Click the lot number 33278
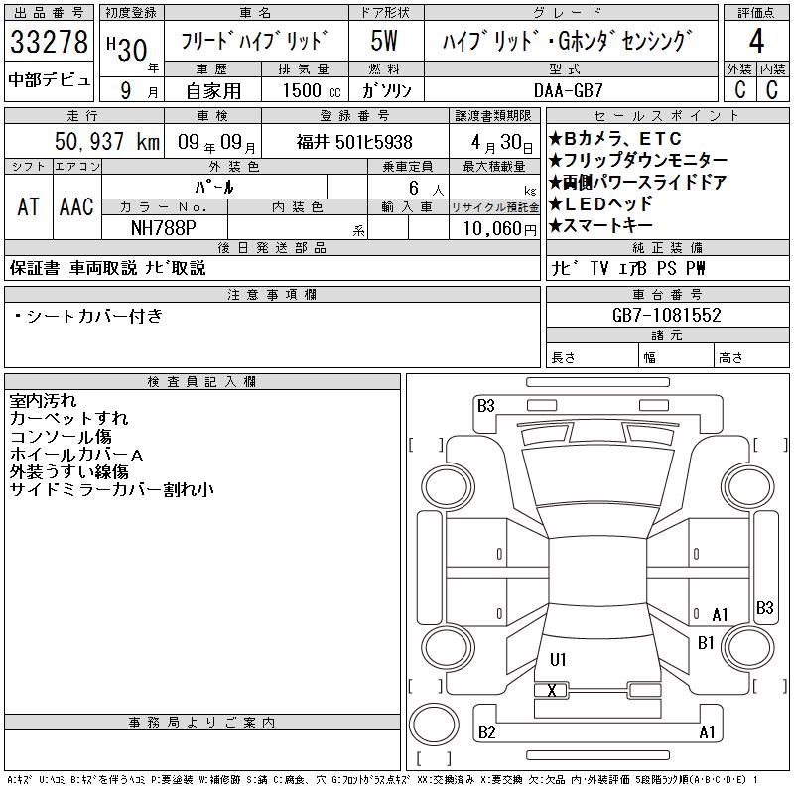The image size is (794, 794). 49,42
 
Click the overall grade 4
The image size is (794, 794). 756,41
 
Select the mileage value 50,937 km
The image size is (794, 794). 107,141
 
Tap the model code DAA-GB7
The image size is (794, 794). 569,90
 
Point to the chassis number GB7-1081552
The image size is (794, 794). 666,315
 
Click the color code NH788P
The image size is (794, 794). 164,228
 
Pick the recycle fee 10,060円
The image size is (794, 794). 499,229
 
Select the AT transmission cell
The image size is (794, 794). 29,206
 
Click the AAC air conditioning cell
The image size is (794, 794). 76,206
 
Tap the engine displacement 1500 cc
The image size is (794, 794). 312,90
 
